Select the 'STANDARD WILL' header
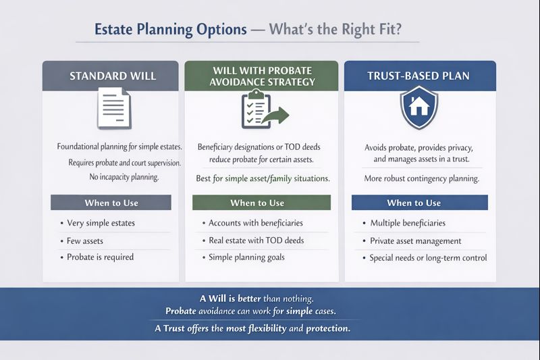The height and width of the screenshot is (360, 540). pos(113,76)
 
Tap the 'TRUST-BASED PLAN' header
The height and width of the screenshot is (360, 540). pos(420,76)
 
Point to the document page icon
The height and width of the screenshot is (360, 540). pos(113,108)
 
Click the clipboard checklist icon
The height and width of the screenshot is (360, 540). pos(255,109)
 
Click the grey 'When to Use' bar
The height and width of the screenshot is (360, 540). pos(111,203)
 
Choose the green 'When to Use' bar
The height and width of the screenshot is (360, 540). pos(261,203)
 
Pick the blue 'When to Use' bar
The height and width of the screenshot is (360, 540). pos(419,203)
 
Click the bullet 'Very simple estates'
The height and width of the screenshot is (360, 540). pos(101,224)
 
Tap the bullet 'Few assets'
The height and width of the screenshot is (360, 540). pos(84,240)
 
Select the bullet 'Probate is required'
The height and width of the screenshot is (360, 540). pos(100,257)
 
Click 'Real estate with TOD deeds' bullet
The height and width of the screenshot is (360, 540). pos(256,240)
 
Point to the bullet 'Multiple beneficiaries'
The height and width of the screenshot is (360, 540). pos(408,224)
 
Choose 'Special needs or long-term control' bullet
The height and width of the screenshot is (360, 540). pos(428,257)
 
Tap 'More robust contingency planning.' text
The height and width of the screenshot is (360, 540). pos(421,179)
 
